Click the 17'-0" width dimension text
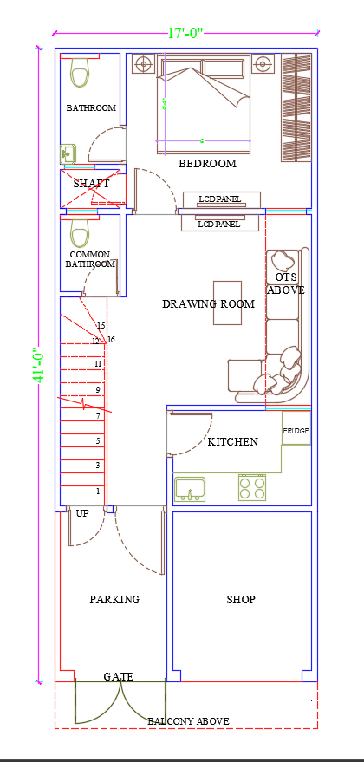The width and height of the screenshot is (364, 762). [185, 34]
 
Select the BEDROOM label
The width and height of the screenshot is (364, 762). [207, 164]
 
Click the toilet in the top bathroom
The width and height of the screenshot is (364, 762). [81, 73]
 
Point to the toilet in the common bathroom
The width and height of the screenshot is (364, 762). [81, 233]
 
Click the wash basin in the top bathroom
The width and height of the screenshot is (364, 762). [68, 154]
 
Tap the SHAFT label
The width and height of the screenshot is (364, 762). [91, 184]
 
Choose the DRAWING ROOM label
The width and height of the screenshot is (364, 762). [208, 304]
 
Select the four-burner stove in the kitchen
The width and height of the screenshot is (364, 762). [252, 487]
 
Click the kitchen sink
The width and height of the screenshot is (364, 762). [190, 489]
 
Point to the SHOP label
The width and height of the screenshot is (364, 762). [241, 600]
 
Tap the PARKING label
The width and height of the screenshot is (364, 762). [114, 600]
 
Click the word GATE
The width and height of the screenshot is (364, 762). [118, 676]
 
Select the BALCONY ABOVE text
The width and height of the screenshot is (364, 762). [188, 721]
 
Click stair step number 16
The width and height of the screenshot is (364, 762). [111, 339]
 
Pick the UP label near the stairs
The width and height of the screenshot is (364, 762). [82, 513]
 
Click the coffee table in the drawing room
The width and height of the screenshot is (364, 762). [227, 303]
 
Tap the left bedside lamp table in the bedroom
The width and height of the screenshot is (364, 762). [142, 63]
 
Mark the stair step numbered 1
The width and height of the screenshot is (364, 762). [98, 492]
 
